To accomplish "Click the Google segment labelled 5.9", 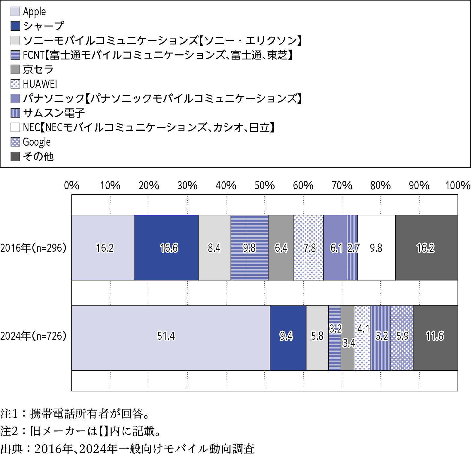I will coord(402,351).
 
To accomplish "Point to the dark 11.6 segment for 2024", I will coord(435,351).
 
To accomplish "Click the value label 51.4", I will coord(166,336).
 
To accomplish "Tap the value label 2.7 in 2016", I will coord(353,248).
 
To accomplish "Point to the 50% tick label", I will coord(265,185).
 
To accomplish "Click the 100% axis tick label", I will coord(458,185).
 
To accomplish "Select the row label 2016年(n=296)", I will coord(33,248).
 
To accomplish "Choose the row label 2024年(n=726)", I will coord(33,336).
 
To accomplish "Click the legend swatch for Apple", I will coord(15,11).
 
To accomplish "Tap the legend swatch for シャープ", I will coord(15,26).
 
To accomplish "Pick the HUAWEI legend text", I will coord(40,84).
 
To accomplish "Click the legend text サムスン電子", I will coord(54,113).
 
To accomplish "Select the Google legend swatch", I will coord(15,142).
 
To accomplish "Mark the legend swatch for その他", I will coord(15,156).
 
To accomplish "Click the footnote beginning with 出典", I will coord(127,449).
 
